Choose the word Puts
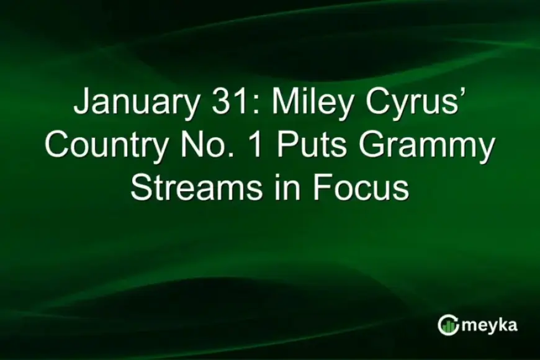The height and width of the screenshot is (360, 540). click(x=316, y=145)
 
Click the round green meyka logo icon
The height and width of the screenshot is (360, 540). click(x=448, y=325)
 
